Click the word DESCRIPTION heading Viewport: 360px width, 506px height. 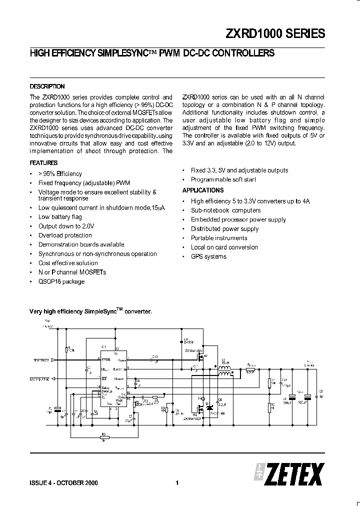point(47,86)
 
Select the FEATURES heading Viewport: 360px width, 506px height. point(43,163)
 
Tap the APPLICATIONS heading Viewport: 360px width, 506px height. point(202,190)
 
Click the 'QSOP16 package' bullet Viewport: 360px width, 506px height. point(61,281)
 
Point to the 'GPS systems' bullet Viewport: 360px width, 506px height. point(208,256)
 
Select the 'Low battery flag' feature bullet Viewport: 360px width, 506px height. point(60,217)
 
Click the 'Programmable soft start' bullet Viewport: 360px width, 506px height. point(223,179)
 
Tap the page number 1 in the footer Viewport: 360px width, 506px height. point(177,483)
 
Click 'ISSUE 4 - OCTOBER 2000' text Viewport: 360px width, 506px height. point(63,483)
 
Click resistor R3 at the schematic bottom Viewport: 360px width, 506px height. point(103,436)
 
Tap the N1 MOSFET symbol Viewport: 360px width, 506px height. point(201,358)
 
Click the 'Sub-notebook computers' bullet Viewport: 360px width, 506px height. point(225,210)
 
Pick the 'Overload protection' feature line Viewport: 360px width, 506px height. point(65,235)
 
